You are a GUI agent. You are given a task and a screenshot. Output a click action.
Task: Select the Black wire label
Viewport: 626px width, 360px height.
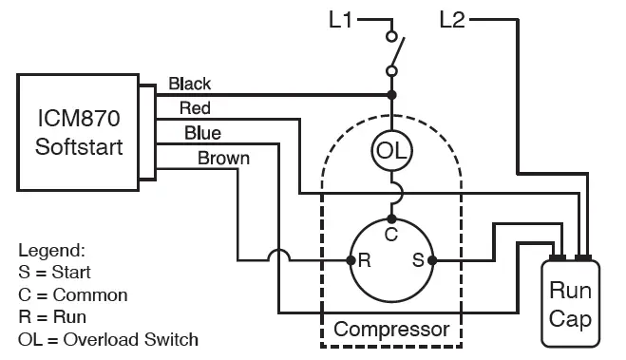click(189, 84)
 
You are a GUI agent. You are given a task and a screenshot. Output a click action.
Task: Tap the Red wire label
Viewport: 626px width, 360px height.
click(195, 108)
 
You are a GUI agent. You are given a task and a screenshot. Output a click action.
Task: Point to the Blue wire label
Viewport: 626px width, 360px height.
click(202, 132)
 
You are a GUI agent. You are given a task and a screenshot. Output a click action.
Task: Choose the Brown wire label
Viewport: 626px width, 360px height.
click(223, 157)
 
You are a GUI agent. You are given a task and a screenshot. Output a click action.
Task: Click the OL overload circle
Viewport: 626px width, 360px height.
click(390, 150)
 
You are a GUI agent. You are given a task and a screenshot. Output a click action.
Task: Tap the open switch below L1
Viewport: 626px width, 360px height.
click(394, 53)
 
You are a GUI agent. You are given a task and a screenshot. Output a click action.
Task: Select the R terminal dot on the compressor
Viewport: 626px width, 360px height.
click(350, 259)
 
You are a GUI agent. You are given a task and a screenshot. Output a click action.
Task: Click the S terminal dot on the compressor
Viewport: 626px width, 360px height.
click(431, 259)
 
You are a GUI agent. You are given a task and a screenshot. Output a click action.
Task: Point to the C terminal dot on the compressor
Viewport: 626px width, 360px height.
click(390, 219)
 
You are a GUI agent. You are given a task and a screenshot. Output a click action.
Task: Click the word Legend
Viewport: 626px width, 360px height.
click(51, 251)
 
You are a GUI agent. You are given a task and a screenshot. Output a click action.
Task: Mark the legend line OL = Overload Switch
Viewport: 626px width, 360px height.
click(108, 338)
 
